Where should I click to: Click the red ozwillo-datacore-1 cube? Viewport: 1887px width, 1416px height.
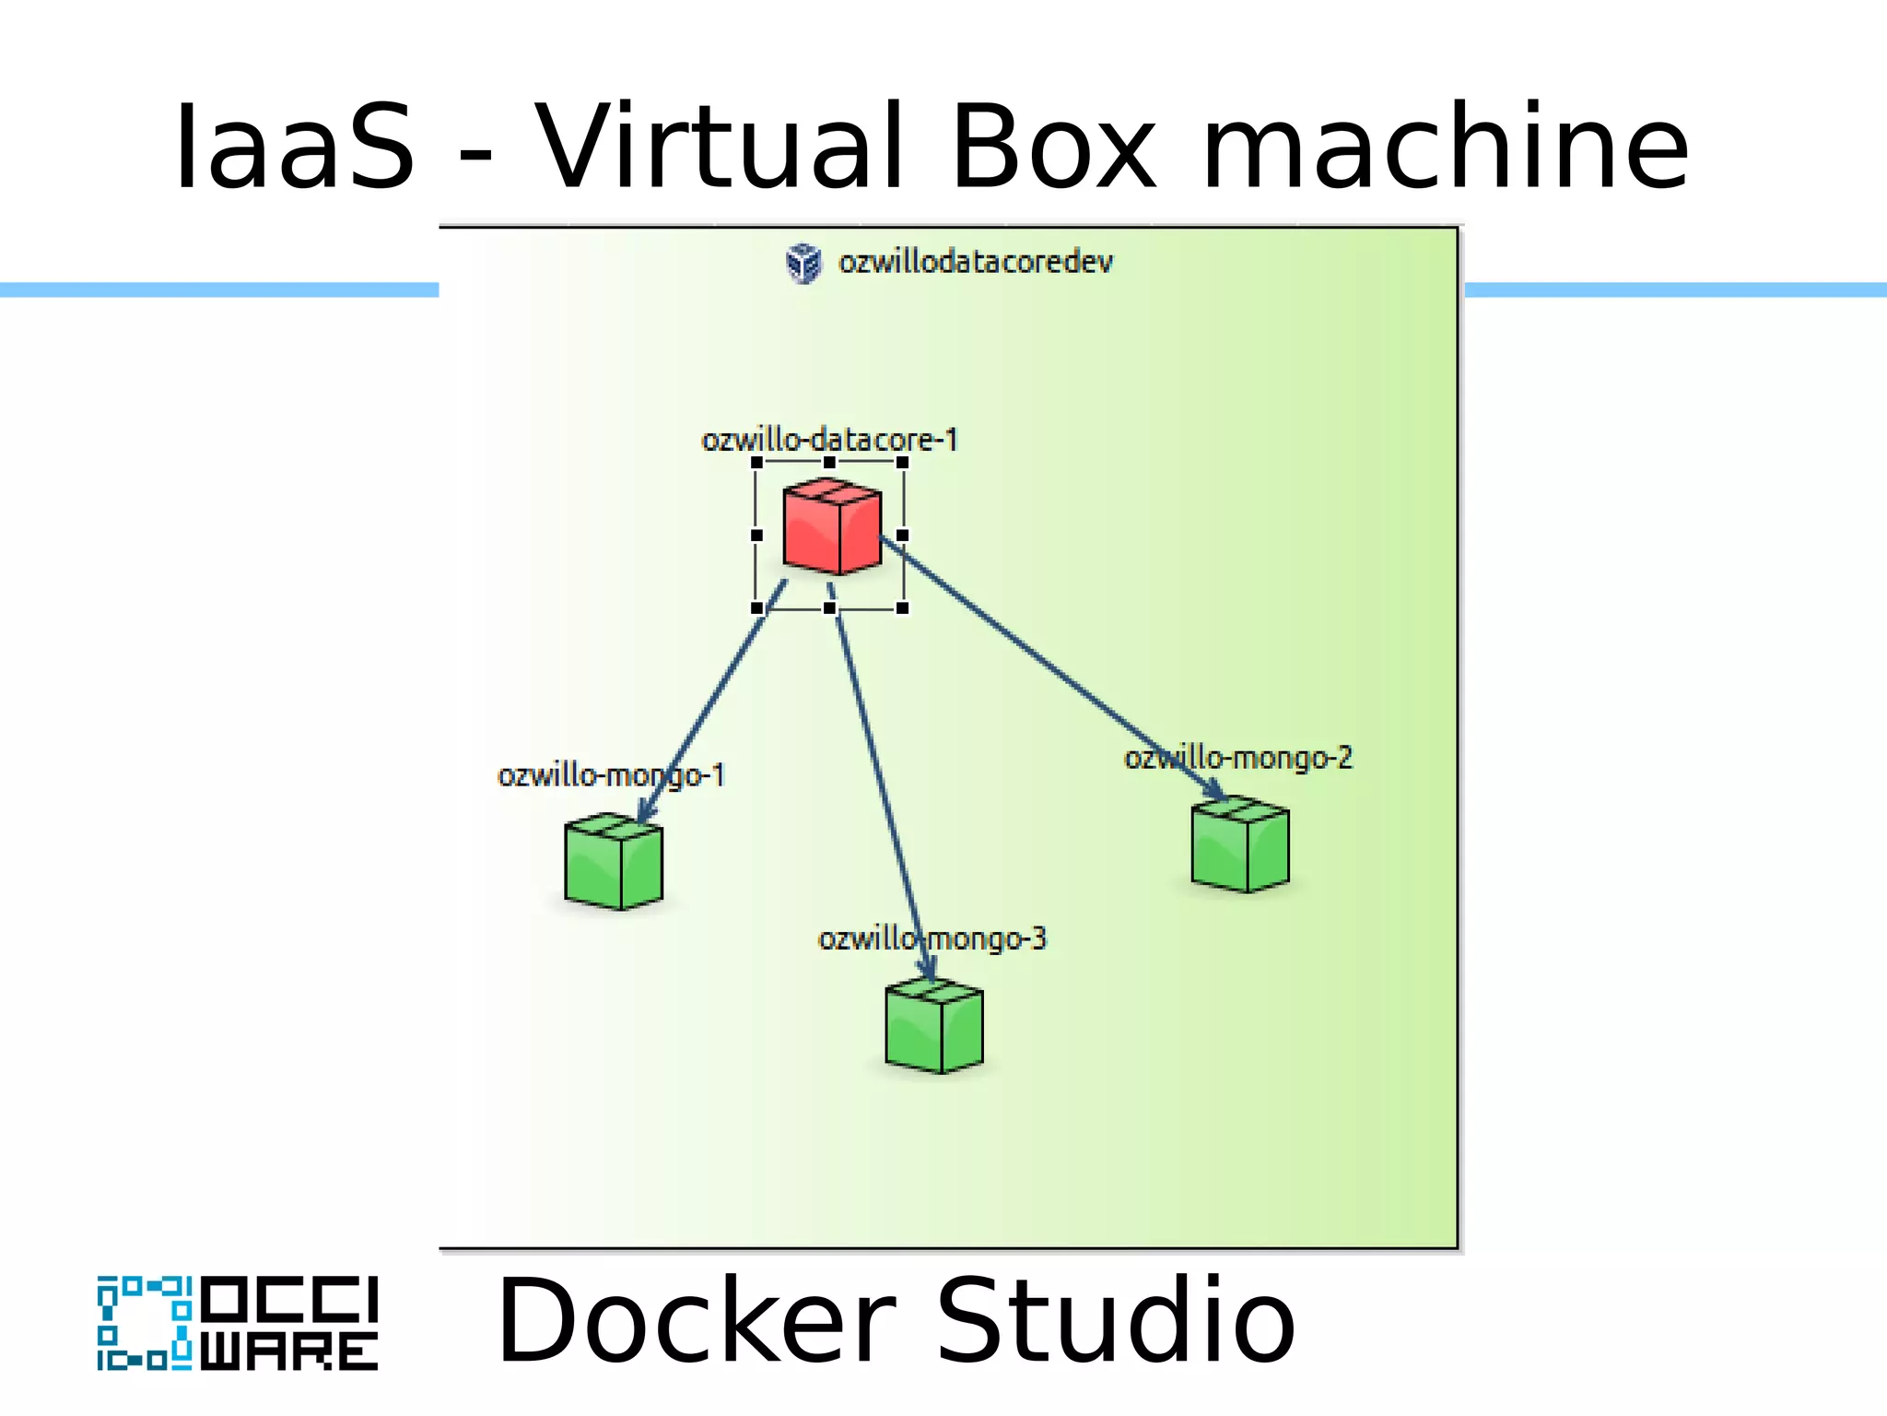pyautogui.click(x=832, y=526)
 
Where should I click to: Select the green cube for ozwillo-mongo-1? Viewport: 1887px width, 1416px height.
pyautogui.click(x=614, y=861)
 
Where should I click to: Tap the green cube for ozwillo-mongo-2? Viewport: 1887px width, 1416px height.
pyautogui.click(x=1240, y=844)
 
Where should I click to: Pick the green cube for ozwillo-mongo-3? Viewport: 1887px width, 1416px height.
pyautogui.click(x=934, y=1026)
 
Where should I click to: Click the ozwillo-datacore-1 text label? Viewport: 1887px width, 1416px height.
pyautogui.click(x=829, y=440)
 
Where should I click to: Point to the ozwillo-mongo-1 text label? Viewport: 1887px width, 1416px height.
pyautogui.click(x=611, y=775)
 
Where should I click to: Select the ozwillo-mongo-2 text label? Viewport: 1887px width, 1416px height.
pyautogui.click(x=1237, y=758)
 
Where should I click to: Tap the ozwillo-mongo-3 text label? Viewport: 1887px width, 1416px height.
pyautogui.click(x=932, y=938)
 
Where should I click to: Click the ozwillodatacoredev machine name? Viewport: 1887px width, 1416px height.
pyautogui.click(x=975, y=263)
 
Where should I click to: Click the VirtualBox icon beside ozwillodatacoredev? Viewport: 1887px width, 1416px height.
pyautogui.click(x=803, y=264)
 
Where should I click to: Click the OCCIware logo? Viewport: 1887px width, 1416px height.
pyautogui.click(x=238, y=1323)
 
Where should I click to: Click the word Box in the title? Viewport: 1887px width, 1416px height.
pyautogui.click(x=1052, y=147)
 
